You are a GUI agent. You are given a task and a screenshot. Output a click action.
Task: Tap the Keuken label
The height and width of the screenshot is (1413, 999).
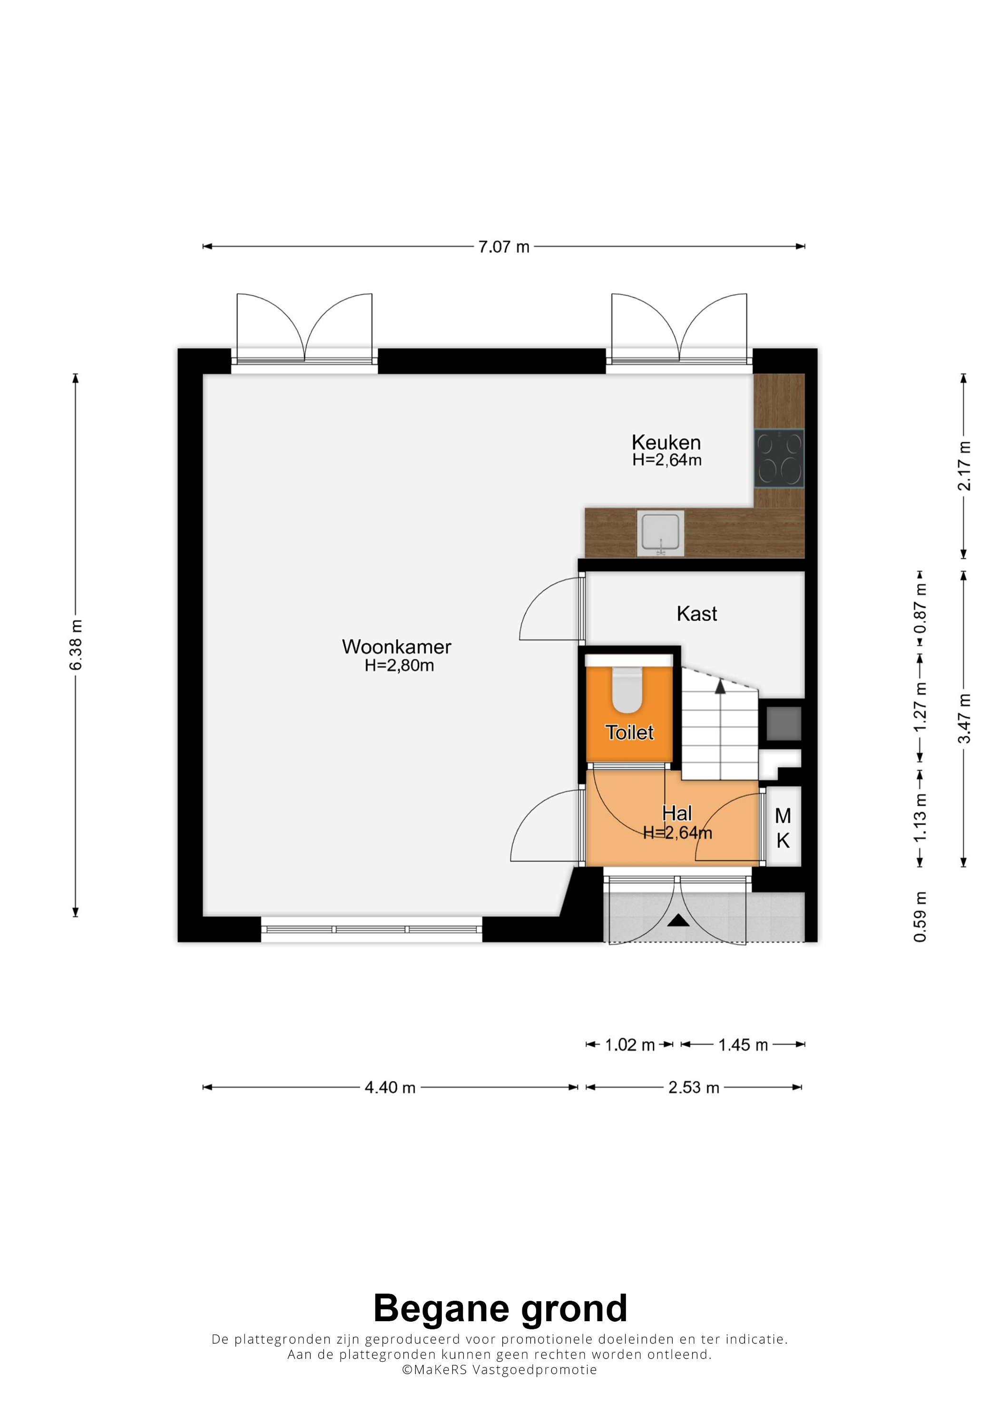[x=666, y=442]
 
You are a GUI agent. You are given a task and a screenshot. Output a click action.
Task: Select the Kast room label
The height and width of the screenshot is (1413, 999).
[x=697, y=614]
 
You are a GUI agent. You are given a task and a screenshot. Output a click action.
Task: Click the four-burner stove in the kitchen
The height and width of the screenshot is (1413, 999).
[x=779, y=458]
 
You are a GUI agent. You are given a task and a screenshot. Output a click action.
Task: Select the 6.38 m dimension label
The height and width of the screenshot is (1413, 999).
[x=75, y=645]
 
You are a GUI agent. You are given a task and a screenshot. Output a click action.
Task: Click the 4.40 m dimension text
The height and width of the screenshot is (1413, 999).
[x=390, y=1087]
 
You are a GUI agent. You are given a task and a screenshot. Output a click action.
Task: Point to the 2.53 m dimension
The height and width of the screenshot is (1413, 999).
[x=694, y=1087]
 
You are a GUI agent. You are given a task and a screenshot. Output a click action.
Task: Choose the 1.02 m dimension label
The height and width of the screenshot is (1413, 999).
[x=630, y=1045]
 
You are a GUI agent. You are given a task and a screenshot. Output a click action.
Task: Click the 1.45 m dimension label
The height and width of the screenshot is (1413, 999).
[x=743, y=1045]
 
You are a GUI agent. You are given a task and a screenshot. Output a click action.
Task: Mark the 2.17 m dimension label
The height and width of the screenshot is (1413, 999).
[x=964, y=466]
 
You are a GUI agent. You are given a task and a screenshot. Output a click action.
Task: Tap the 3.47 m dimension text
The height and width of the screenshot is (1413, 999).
[x=964, y=718]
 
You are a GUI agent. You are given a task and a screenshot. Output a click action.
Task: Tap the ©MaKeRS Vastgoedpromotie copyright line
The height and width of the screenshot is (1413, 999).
[x=499, y=1369]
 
